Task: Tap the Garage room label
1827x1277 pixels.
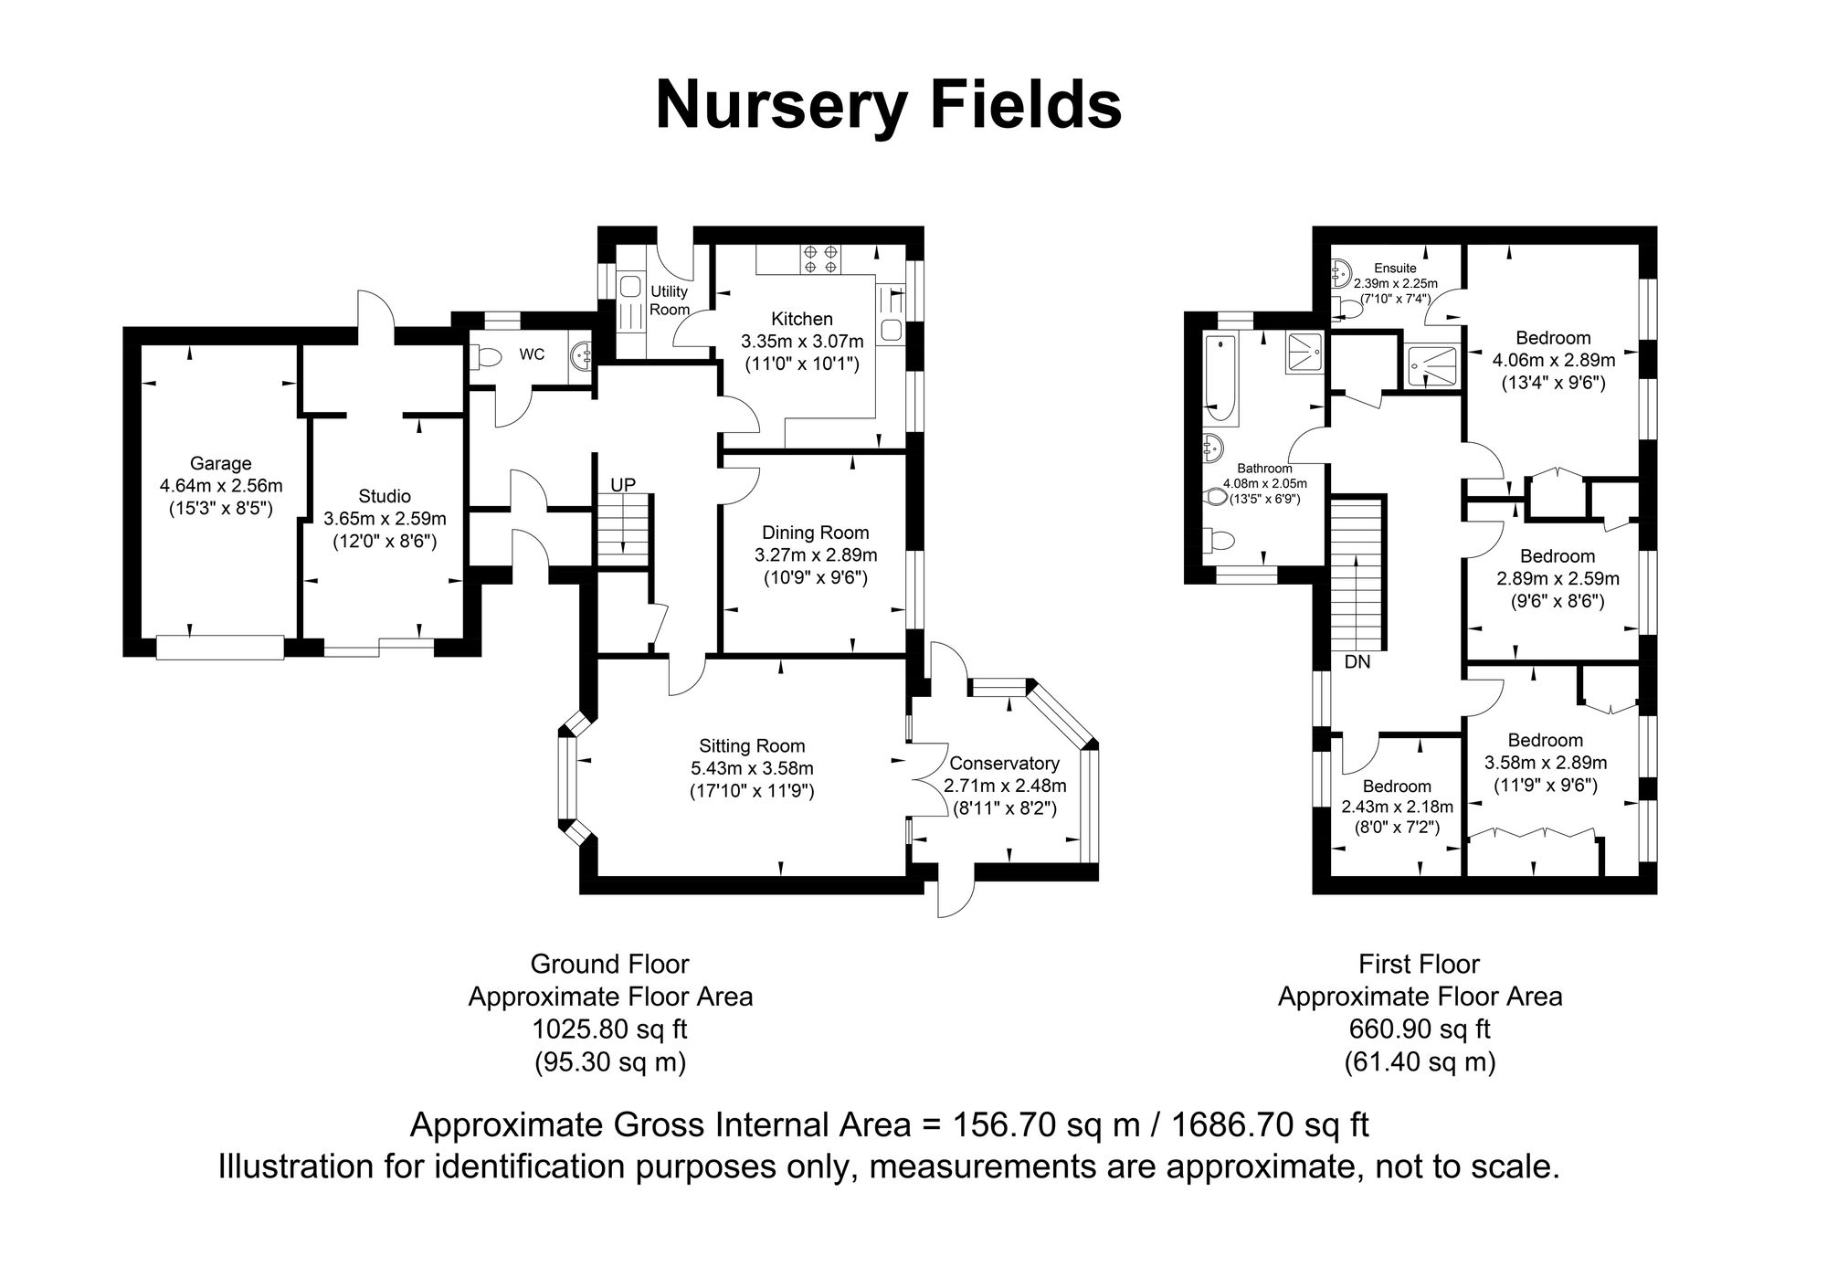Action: click(220, 463)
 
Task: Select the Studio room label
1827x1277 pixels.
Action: click(385, 496)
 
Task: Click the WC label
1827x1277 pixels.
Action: click(532, 354)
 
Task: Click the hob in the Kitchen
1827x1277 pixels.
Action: click(819, 259)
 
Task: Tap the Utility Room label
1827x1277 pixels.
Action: click(670, 301)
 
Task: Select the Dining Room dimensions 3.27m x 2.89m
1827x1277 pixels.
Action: click(816, 554)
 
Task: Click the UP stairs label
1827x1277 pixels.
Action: click(622, 484)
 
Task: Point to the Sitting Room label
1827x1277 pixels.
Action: click(753, 745)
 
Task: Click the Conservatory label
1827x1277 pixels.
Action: click(1004, 763)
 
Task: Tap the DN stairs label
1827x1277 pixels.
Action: click(1357, 661)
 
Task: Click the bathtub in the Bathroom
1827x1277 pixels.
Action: click(1221, 382)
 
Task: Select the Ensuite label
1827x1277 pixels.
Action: click(1395, 268)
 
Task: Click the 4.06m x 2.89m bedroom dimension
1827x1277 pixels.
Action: click(1554, 360)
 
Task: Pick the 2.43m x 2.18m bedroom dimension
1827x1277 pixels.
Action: click(1397, 807)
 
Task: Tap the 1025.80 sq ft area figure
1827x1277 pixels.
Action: click(609, 1029)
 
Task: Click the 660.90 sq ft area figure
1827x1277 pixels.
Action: click(1420, 1029)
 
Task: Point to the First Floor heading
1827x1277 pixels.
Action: click(1420, 964)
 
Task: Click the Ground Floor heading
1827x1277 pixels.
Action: click(609, 964)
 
